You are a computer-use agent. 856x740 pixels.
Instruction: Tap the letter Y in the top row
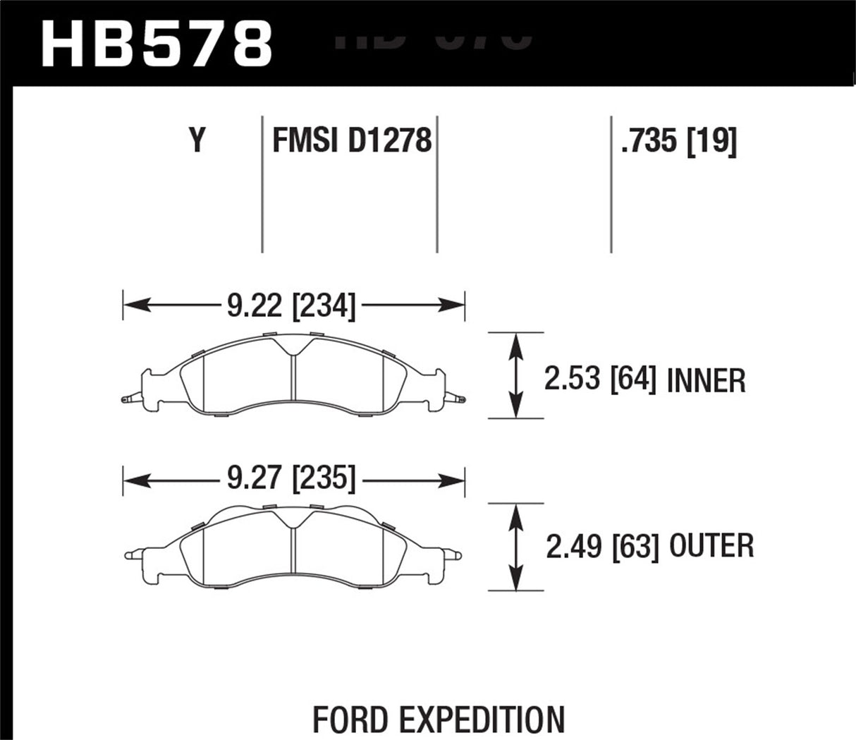197,140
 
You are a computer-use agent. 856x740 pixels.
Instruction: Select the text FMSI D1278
351,140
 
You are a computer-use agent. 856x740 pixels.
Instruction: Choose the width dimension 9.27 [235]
292,480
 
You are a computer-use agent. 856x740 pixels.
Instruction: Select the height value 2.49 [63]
602,546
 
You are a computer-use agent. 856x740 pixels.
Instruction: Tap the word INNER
706,381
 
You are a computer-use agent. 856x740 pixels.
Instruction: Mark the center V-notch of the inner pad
293,349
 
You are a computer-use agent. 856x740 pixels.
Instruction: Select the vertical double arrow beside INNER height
518,375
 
